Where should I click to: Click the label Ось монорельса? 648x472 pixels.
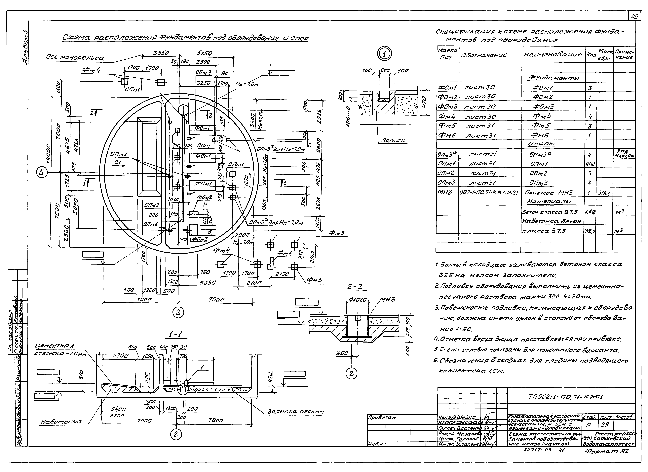tap(75, 58)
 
